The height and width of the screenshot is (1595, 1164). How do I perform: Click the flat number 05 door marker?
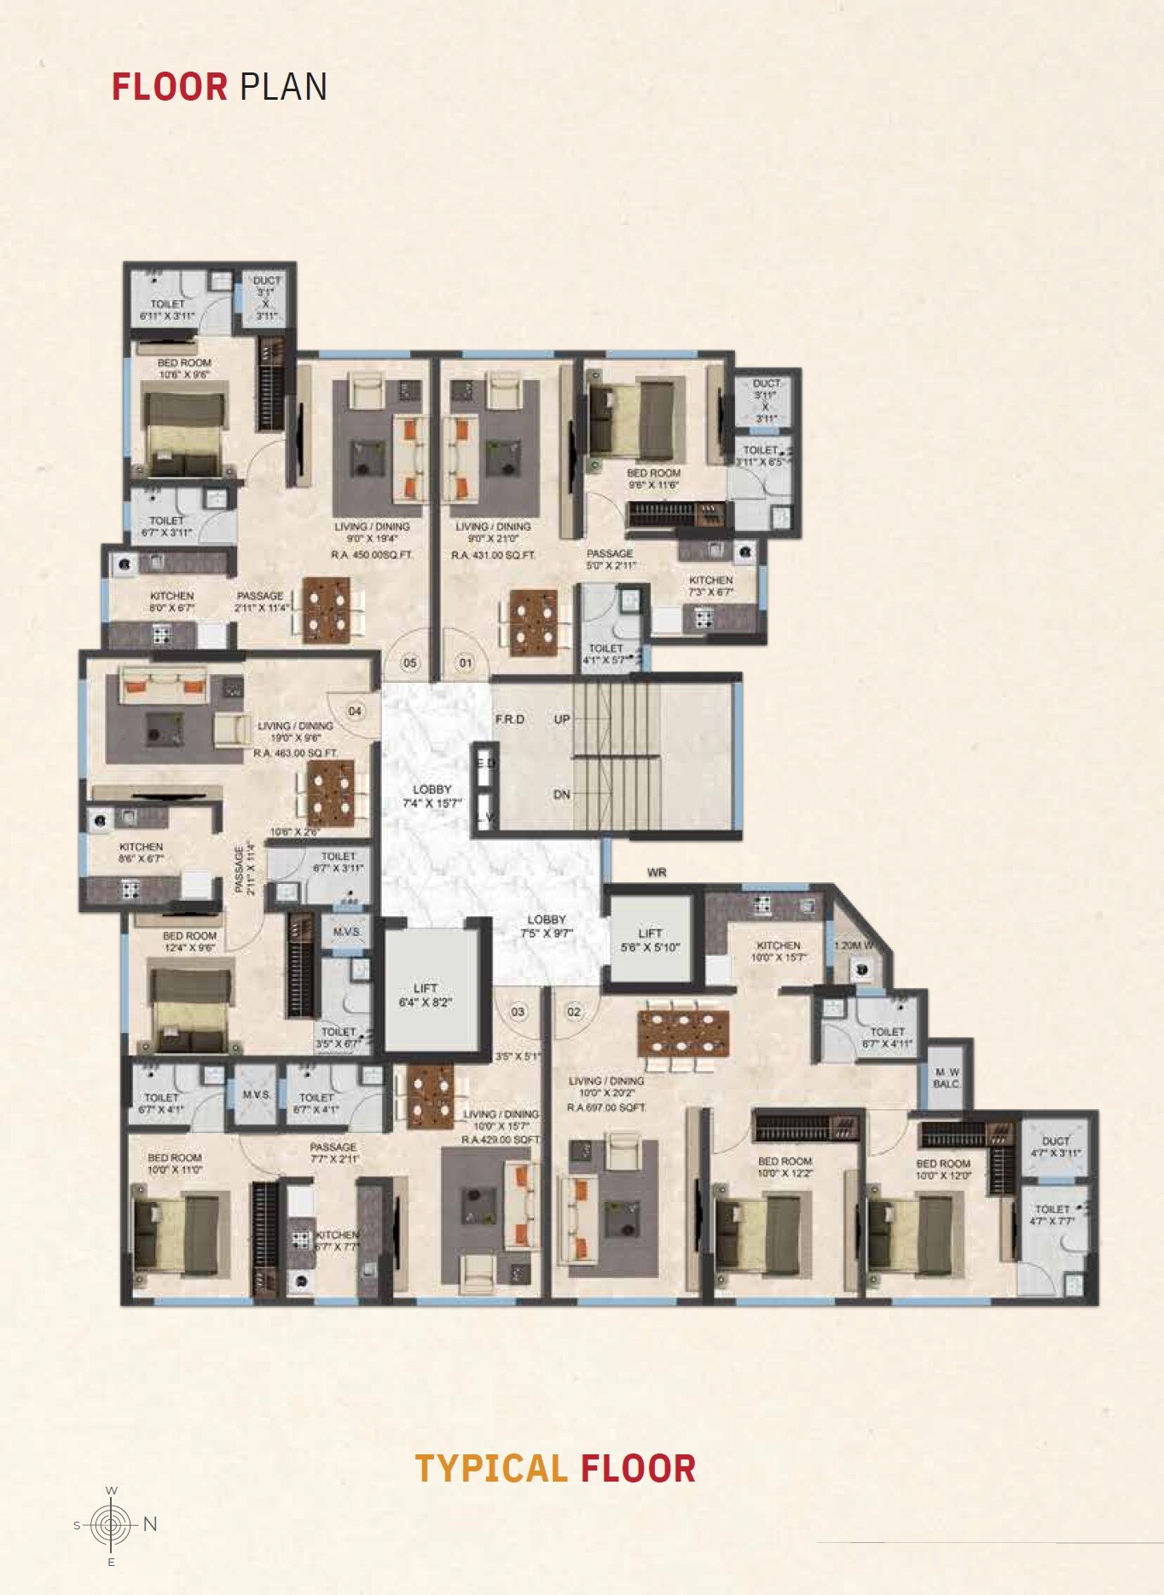(410, 662)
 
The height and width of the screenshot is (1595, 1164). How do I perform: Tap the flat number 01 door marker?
(466, 662)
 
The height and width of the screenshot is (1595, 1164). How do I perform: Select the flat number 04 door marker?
(355, 711)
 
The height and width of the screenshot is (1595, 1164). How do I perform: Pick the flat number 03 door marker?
(518, 1012)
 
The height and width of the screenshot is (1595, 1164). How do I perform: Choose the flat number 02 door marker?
(574, 1012)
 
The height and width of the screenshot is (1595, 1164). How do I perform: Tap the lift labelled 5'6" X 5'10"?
(650, 939)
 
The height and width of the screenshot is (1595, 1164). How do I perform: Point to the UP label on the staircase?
(562, 719)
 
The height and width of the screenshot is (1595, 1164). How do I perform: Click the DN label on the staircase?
(561, 795)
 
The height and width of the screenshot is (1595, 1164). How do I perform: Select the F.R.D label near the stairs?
(510, 719)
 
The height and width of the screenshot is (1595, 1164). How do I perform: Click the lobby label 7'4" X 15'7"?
(431, 796)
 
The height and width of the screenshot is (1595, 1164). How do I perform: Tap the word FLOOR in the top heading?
(170, 87)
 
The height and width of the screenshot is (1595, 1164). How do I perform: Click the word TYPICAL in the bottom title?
(491, 1469)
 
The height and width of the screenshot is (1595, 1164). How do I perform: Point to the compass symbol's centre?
(111, 1524)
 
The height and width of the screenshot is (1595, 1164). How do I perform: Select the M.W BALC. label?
(947, 1078)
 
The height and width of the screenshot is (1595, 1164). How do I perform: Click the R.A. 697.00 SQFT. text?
(606, 1107)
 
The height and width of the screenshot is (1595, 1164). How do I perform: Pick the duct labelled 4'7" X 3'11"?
(1055, 1147)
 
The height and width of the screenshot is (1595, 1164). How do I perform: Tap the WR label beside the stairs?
(657, 872)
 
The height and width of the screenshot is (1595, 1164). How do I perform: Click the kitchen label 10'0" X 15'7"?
(778, 951)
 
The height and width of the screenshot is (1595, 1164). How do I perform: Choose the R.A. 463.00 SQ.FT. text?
(295, 754)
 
